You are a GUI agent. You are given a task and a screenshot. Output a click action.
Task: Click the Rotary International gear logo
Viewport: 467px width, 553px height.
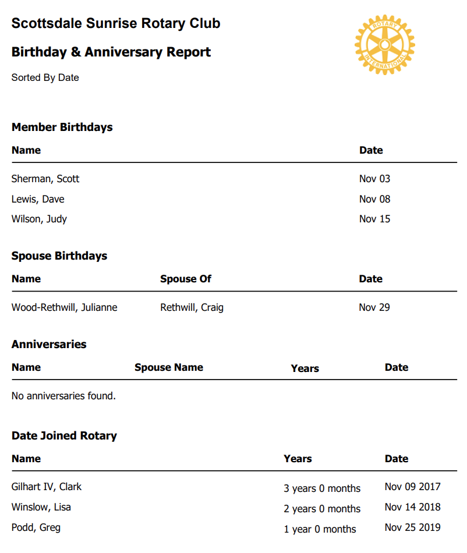point(384,44)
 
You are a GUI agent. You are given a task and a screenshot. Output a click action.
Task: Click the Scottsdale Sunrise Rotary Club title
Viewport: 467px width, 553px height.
point(116,24)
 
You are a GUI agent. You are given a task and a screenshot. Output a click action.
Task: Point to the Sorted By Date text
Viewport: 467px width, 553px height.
point(45,77)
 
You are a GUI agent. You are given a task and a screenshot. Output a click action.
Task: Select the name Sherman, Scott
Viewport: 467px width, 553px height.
point(45,179)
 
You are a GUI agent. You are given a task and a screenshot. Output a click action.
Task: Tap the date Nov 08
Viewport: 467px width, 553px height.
point(374,199)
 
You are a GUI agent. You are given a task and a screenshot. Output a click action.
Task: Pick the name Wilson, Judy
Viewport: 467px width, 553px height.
point(39,219)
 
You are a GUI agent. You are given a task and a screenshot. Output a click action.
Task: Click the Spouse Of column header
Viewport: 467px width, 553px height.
point(185,279)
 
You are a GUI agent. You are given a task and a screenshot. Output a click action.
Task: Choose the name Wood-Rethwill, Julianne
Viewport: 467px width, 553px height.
point(64,307)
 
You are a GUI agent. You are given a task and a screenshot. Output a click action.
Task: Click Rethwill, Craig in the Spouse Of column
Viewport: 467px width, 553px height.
point(192,307)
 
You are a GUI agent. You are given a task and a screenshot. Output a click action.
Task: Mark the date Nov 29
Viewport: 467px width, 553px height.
point(374,307)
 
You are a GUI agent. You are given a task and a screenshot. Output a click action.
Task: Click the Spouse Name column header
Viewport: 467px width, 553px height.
point(169,367)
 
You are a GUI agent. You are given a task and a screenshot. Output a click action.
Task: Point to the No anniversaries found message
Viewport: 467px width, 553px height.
point(63,396)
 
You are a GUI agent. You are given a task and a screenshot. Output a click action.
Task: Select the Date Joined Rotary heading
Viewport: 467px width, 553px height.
point(64,435)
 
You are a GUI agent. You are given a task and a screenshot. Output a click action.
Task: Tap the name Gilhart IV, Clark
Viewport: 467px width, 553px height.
point(47,487)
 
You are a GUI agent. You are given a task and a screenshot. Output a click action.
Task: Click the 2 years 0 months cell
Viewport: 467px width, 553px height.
point(322,509)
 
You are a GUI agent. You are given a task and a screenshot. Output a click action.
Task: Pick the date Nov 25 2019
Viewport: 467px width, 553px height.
point(412,527)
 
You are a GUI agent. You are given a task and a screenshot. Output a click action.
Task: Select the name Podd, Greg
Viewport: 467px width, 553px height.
point(36,527)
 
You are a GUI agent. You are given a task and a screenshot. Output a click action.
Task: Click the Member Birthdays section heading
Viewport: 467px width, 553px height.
point(62,127)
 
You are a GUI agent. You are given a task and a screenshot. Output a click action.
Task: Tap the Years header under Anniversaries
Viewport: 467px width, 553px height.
point(305,368)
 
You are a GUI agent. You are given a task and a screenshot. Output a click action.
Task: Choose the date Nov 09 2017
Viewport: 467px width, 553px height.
point(412,487)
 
